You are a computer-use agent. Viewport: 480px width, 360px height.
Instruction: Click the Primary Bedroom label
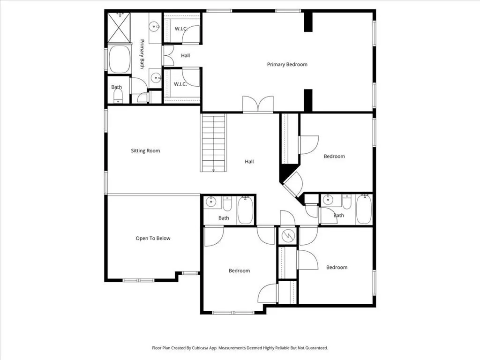point(287,64)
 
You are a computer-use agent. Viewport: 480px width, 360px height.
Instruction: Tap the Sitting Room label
point(145,150)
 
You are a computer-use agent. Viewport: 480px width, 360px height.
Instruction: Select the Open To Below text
point(153,238)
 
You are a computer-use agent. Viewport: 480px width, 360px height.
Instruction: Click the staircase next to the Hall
point(214,142)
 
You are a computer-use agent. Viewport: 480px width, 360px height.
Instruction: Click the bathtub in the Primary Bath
point(119,60)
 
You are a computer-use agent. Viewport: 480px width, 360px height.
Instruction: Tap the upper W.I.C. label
point(181,29)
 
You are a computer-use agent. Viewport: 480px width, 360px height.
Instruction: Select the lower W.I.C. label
point(180,84)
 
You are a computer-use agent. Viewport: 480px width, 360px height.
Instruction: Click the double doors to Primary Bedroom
point(258,104)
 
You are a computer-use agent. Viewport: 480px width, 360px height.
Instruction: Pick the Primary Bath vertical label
point(142,54)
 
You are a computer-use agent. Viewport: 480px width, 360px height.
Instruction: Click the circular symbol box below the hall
point(287,236)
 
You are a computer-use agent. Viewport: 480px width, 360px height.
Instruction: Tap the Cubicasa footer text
point(240,348)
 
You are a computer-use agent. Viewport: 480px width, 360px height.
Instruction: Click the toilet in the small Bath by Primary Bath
point(118,97)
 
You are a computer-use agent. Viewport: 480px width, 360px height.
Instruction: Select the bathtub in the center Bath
point(245,210)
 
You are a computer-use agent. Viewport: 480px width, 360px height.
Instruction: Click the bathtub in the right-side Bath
point(364,210)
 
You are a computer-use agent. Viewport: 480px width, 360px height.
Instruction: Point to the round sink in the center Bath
point(211,202)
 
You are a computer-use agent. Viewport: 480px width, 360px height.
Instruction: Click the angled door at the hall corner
point(292,184)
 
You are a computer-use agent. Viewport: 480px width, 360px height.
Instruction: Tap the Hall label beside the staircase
point(249,162)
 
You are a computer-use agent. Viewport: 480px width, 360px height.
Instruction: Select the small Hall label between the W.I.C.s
point(185,55)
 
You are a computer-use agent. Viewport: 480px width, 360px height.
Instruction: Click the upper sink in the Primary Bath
point(154,27)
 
